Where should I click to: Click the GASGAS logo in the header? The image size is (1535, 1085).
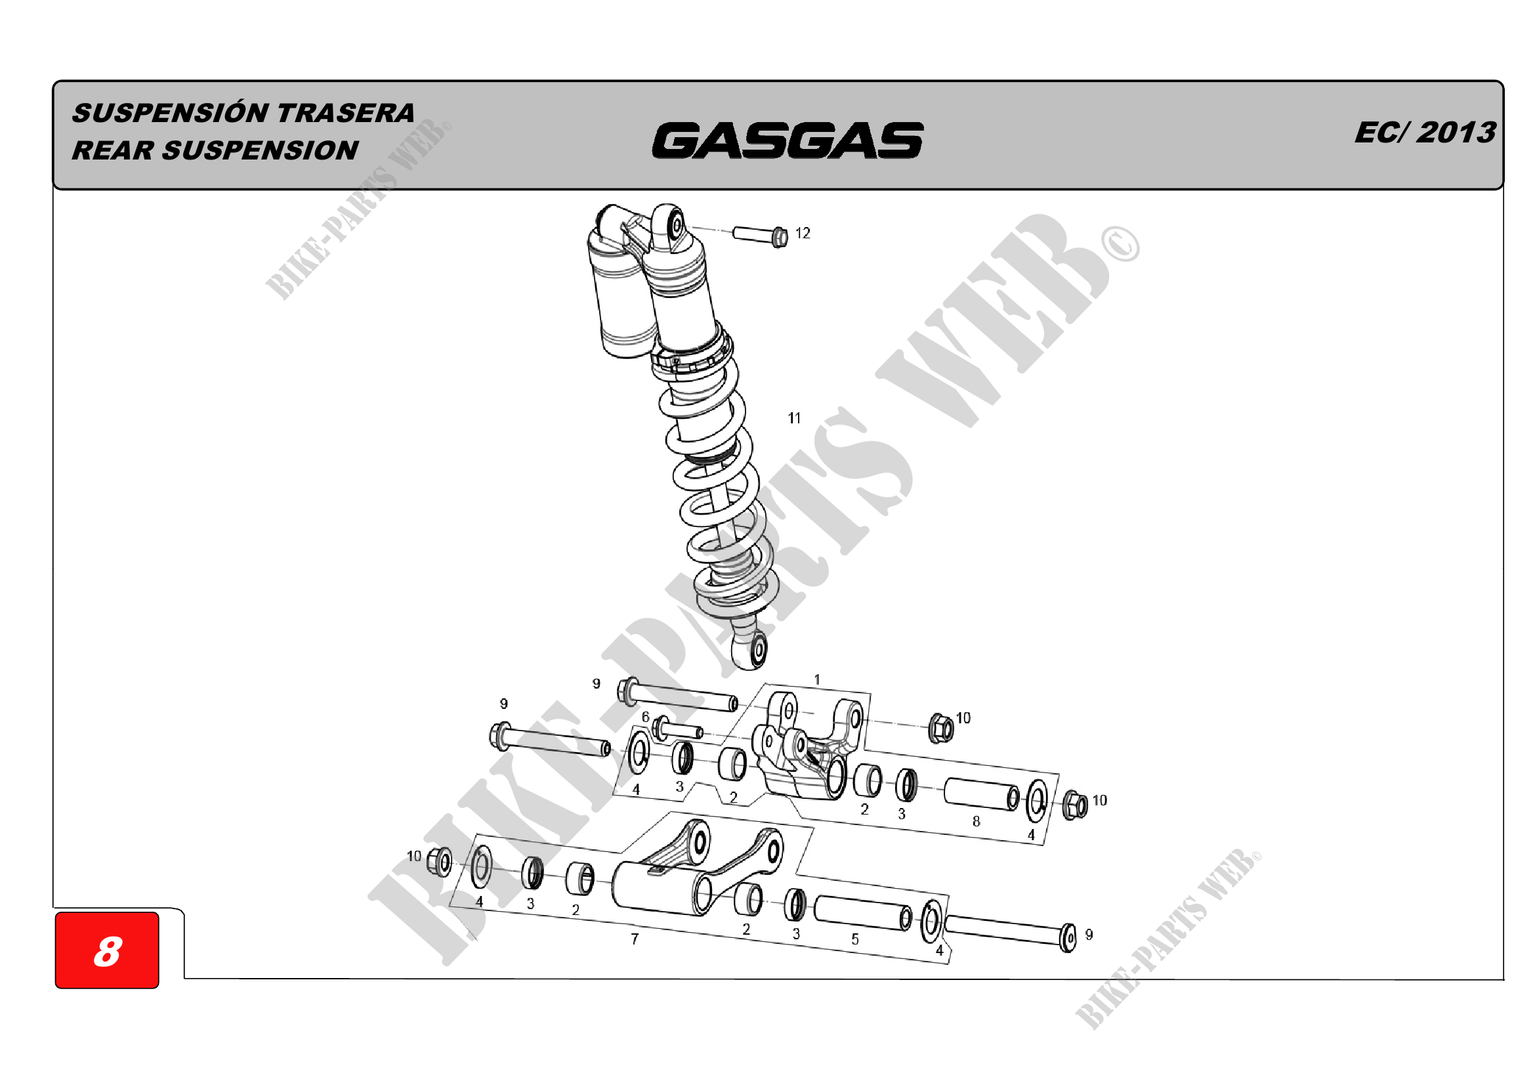[x=787, y=140]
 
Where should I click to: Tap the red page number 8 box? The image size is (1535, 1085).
[x=107, y=950]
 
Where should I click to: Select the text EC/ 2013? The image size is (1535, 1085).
[x=1425, y=133]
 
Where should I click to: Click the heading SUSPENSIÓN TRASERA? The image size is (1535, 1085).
[x=243, y=113]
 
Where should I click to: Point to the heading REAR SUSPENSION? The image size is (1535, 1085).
[x=215, y=150]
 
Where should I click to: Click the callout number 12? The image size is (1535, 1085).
[x=802, y=233]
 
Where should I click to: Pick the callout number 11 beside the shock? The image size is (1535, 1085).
[x=794, y=418]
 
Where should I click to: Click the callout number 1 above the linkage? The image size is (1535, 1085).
[x=817, y=679]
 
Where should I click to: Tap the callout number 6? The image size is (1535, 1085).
[x=645, y=717]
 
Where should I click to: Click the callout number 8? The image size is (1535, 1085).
[x=976, y=821]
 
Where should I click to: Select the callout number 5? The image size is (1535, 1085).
[x=855, y=939]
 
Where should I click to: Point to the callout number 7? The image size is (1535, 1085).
[x=635, y=939]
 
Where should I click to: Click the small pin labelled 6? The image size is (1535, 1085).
[x=679, y=729]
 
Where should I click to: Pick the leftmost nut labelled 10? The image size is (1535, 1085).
[x=439, y=862]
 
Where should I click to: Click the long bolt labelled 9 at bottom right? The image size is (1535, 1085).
[x=1009, y=931]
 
